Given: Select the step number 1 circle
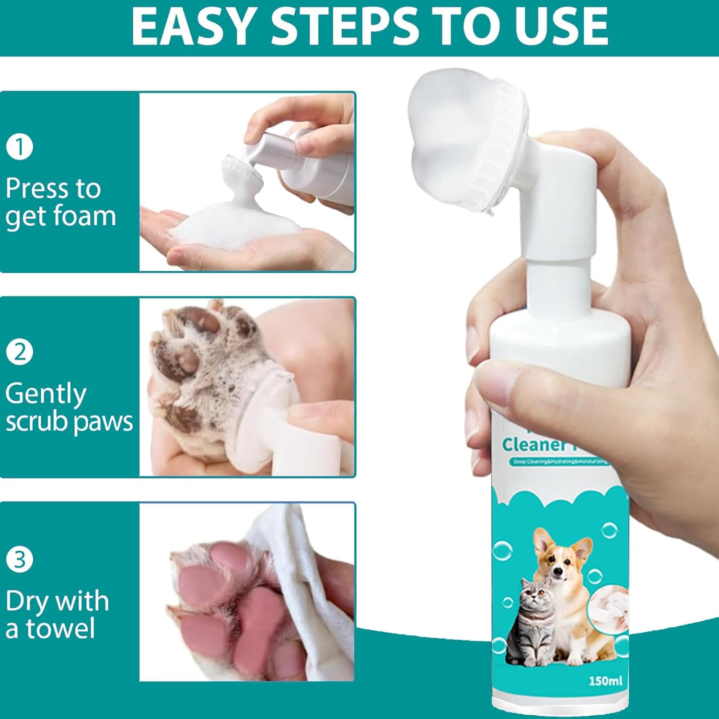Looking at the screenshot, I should (x=20, y=147).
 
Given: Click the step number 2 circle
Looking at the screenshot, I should (x=20, y=352).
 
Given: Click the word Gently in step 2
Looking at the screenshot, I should (x=46, y=394).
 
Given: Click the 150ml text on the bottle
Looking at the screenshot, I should (x=605, y=681).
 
